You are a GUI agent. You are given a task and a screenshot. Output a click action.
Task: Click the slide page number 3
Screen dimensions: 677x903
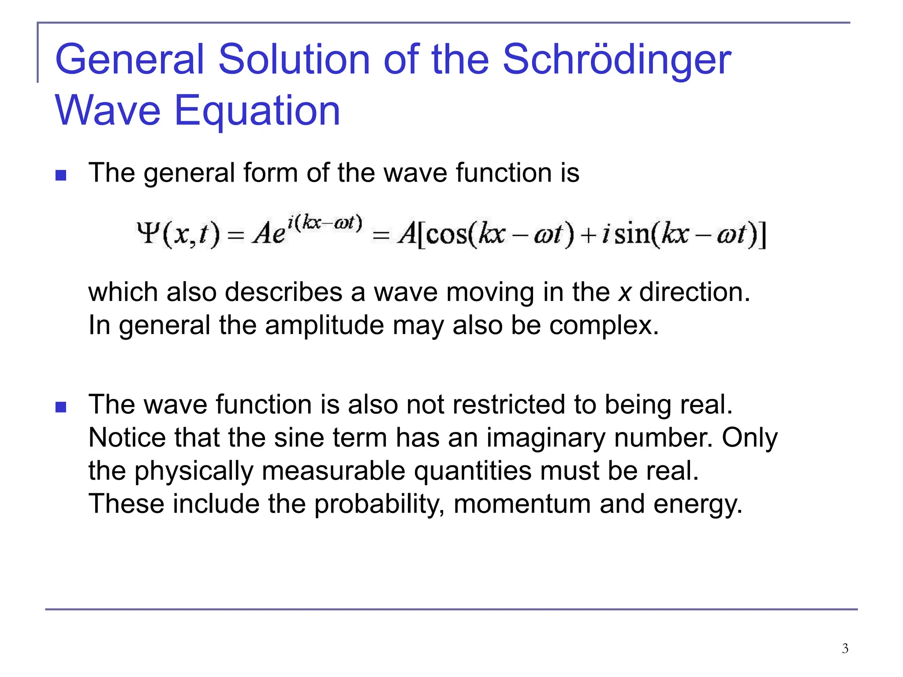point(845,648)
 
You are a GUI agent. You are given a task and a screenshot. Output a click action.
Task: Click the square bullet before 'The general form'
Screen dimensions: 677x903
point(61,175)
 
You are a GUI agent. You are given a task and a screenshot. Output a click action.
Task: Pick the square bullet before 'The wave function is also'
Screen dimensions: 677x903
point(61,407)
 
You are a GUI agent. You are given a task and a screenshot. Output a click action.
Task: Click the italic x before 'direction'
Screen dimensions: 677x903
point(624,293)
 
